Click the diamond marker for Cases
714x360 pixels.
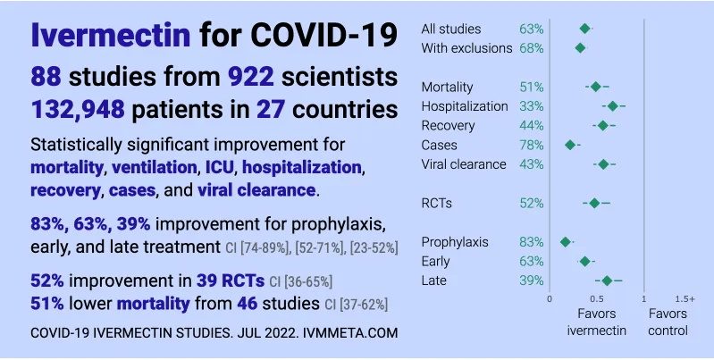(570, 145)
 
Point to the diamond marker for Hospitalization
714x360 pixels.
(613, 106)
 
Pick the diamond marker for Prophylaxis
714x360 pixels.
(566, 241)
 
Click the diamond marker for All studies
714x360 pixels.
(584, 29)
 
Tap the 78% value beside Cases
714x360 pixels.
(531, 145)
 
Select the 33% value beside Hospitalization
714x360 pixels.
(531, 106)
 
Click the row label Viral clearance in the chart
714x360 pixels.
(463, 164)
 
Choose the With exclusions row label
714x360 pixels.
(466, 48)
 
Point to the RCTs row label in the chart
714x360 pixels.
(436, 203)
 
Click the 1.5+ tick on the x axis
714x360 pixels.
(685, 298)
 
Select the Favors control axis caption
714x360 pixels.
(668, 322)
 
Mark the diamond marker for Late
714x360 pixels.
(608, 280)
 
